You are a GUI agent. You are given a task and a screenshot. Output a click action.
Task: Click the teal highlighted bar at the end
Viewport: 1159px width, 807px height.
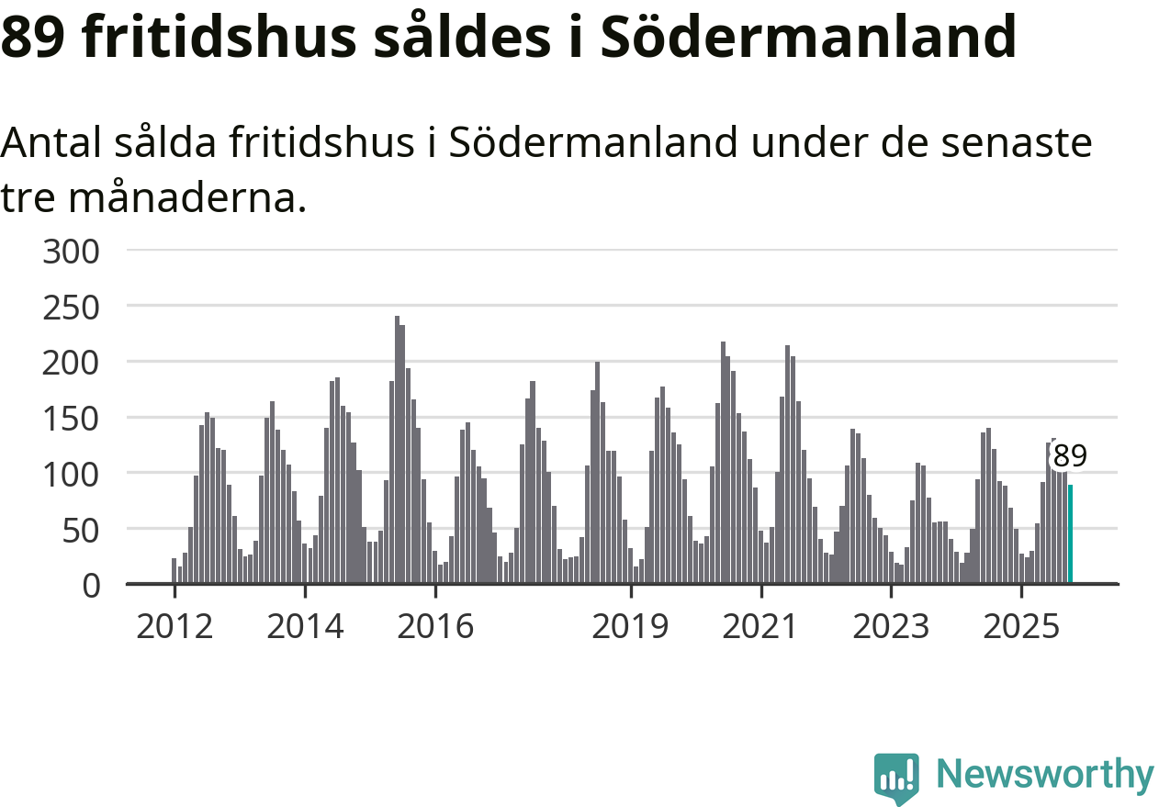[1070, 534]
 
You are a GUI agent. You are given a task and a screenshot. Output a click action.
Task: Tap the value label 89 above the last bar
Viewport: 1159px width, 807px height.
[1070, 455]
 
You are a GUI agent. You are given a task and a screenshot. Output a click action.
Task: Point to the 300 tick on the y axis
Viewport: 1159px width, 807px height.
[72, 251]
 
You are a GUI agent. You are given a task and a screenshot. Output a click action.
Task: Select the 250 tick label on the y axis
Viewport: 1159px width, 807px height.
[72, 307]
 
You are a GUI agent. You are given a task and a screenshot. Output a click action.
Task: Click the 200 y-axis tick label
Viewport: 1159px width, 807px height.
[72, 363]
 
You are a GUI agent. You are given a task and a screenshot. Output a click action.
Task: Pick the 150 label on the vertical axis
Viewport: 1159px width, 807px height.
[72, 418]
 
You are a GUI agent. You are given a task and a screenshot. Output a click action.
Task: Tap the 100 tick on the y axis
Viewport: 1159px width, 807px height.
[72, 474]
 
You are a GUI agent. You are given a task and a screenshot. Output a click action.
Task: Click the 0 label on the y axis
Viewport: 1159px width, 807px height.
[91, 585]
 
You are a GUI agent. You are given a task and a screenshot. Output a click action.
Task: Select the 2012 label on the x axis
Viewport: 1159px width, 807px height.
[174, 627]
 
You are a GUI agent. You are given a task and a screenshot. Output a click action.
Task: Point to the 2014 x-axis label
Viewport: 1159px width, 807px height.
[305, 627]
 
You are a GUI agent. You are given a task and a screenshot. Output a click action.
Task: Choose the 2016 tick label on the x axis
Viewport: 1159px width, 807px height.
[435, 627]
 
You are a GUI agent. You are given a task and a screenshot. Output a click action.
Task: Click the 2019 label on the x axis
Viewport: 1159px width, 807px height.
[631, 627]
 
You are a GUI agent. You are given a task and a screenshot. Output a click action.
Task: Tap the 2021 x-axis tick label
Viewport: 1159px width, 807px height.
[761, 627]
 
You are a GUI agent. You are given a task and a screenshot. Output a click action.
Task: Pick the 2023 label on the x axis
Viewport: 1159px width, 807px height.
[892, 627]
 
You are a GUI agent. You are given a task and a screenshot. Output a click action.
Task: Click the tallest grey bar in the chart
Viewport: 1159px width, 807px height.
[397, 450]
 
